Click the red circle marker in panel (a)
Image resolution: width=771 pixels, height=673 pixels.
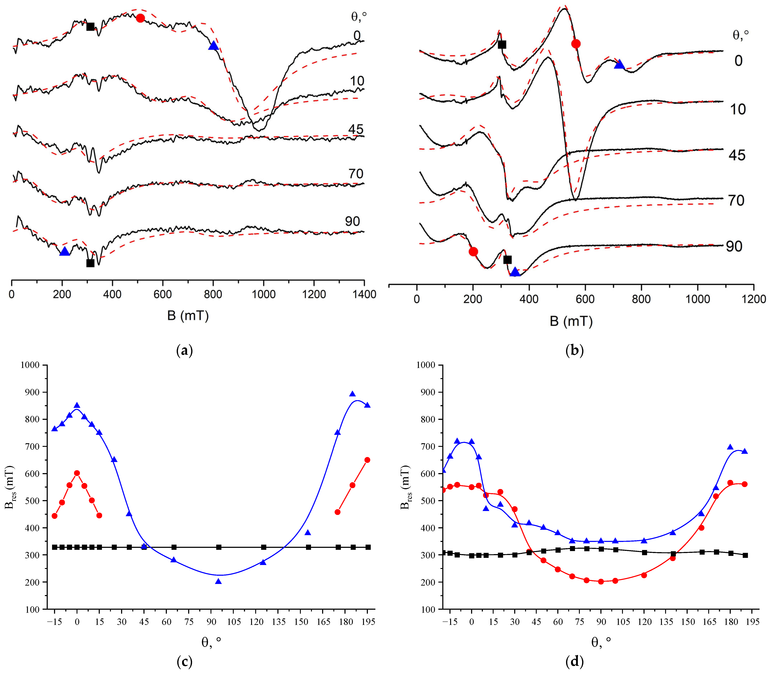[x=140, y=18]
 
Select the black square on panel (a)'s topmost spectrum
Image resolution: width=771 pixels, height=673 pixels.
[x=90, y=27]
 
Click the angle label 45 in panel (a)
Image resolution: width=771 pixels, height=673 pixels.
[x=355, y=129]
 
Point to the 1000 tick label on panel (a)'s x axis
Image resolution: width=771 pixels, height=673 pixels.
[x=263, y=294]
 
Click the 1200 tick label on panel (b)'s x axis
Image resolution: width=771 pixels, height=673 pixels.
[x=753, y=299]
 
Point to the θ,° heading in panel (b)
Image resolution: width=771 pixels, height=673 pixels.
[x=741, y=35]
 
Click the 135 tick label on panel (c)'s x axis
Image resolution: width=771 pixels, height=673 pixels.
[x=278, y=622]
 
